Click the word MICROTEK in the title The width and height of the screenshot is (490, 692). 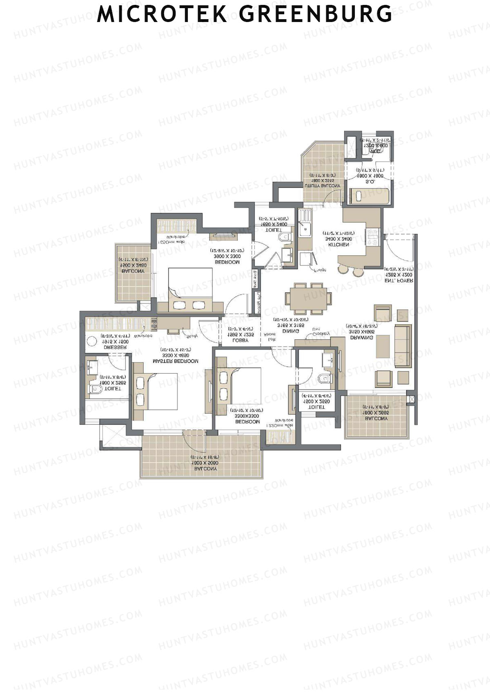(162, 14)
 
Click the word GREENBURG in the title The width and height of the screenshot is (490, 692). (316, 14)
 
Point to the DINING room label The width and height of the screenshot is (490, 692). (291, 331)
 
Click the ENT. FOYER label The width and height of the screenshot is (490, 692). (399, 281)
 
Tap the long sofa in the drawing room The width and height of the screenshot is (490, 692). (402, 345)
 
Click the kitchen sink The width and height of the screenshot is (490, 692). (304, 229)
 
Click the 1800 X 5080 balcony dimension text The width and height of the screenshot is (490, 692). (205, 463)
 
